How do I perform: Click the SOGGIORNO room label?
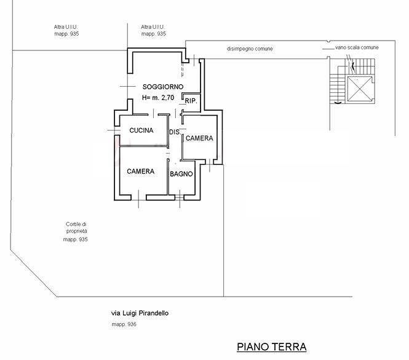[163, 87]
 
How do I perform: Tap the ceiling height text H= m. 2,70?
[158, 98]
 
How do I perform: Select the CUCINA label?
[141, 130]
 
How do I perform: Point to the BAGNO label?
[181, 174]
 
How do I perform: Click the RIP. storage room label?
[191, 101]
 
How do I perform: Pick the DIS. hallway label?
[175, 132]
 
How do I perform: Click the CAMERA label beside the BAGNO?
[141, 171]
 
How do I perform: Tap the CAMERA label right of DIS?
[199, 138]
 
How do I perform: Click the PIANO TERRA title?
[271, 347]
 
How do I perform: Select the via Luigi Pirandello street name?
[140, 313]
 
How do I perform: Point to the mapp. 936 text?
[124, 324]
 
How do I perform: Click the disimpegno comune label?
[250, 49]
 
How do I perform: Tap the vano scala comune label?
[357, 47]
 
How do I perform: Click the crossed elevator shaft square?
[360, 89]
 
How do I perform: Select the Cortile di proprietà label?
[76, 227]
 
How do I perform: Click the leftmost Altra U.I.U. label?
[66, 27]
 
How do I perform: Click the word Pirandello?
[153, 313]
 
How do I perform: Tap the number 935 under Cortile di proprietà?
[82, 239]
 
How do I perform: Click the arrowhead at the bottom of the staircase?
[338, 103]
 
